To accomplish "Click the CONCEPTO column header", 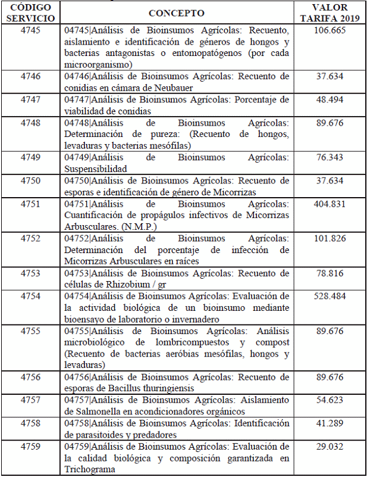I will coord(176,13).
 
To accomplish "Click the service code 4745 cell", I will coord(30,30).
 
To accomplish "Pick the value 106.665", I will coord(330,30).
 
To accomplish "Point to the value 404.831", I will coord(330,204).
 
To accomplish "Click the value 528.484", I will coord(330,296).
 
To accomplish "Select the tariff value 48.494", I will coord(330,99).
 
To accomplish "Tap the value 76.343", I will coord(330,158).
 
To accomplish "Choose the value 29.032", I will coord(330,446).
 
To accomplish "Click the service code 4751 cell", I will coord(30,204).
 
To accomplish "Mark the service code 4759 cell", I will coord(30,446).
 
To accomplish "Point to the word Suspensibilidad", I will coord(96,169).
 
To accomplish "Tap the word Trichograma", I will coord(90,469).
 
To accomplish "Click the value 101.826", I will coord(330,239).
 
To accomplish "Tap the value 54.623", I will coord(330,401).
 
